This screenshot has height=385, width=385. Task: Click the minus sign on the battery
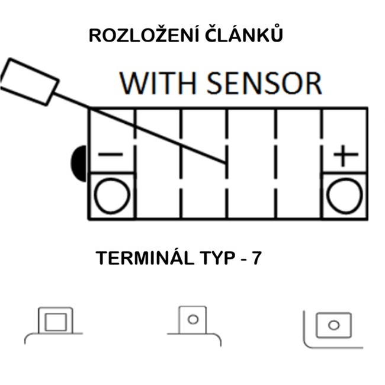pos(111,155)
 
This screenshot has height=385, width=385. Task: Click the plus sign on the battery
pos(345,156)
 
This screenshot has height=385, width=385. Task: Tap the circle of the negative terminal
pos(112,196)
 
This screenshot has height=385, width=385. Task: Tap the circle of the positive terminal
pos(345,196)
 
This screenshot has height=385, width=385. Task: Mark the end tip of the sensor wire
pos(225,162)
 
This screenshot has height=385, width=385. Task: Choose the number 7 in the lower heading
pos(256,259)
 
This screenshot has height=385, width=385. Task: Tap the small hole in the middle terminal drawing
pos(192,319)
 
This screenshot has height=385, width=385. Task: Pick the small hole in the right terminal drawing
pos(333,325)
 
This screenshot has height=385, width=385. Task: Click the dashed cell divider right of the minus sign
pos(136,163)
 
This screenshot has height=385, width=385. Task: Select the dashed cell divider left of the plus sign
pos(322,163)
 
